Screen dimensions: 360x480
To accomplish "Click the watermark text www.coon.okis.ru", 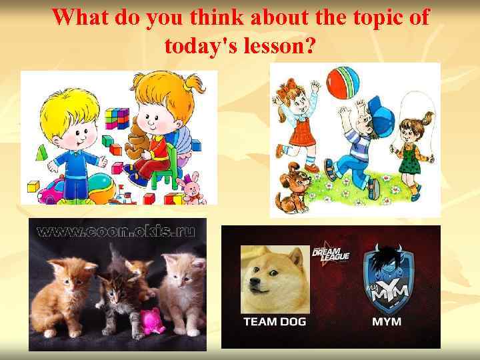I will click(116, 231).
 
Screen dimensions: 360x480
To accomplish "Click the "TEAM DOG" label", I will click(275, 321).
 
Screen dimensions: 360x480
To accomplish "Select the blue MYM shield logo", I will click(387, 280).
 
